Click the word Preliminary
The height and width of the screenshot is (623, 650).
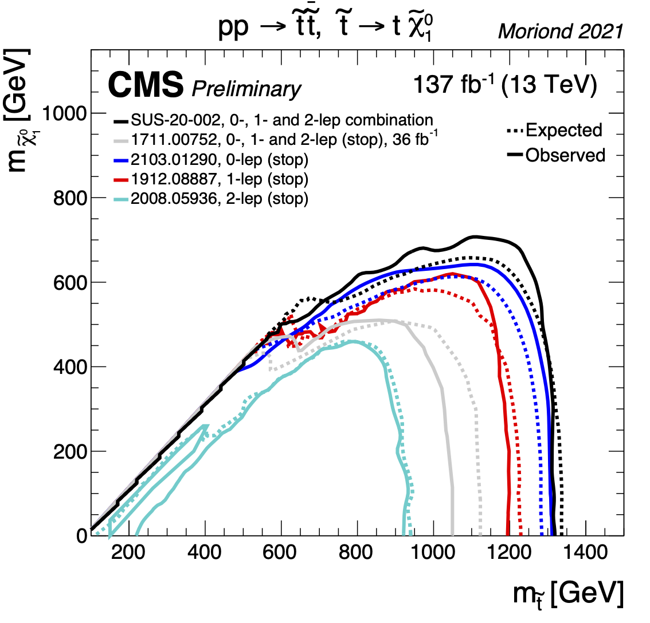pyautogui.click(x=246, y=89)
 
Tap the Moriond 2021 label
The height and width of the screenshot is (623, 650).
pyautogui.click(x=560, y=31)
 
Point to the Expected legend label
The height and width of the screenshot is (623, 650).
pyautogui.click(x=563, y=130)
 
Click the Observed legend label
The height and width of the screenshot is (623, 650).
pyautogui.click(x=565, y=155)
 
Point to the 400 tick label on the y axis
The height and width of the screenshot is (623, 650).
pyautogui.click(x=73, y=367)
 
